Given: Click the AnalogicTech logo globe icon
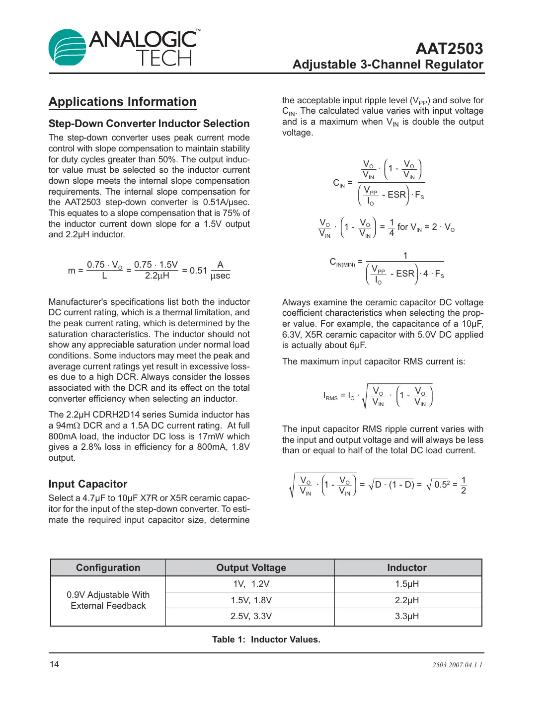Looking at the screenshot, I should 68,48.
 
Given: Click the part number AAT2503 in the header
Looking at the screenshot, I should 449,49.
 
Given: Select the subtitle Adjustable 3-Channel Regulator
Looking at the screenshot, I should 388,65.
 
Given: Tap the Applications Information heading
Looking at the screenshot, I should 122,102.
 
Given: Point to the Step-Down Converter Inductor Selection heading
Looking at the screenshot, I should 149,124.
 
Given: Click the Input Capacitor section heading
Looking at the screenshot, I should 87,484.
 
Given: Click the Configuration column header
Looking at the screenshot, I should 108,568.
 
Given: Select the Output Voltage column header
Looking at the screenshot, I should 251,568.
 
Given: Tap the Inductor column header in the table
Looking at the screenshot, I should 407,568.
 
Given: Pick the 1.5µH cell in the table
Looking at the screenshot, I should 407,584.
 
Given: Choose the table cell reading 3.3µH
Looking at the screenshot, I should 407,616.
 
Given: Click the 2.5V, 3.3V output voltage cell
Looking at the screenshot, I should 251,616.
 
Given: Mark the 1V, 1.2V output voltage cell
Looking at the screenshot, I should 251,584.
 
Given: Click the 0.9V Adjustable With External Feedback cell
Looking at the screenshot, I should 108,600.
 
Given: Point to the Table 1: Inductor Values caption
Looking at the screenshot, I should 266,639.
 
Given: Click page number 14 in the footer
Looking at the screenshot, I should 54,664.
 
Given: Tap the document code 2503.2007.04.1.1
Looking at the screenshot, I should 457,665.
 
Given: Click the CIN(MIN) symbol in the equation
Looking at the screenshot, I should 342,263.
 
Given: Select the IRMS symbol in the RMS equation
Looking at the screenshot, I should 330,396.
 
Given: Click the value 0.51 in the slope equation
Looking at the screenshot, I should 198,271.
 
